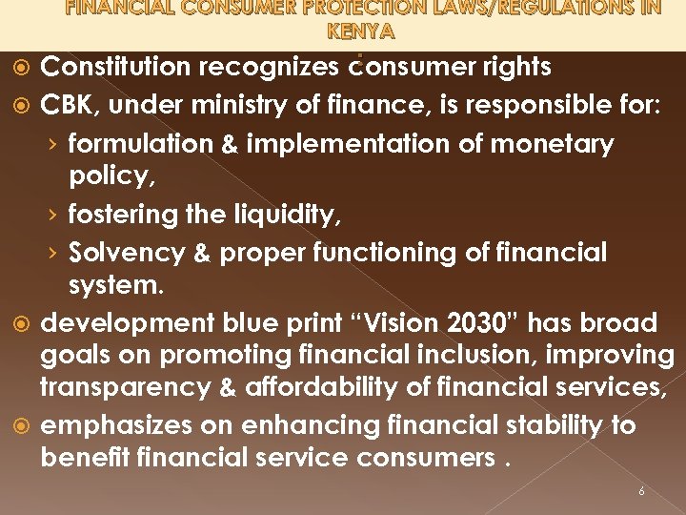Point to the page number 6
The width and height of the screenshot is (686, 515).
point(641,491)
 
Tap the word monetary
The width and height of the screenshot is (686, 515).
point(552,144)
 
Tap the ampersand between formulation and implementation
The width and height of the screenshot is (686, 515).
point(230,145)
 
